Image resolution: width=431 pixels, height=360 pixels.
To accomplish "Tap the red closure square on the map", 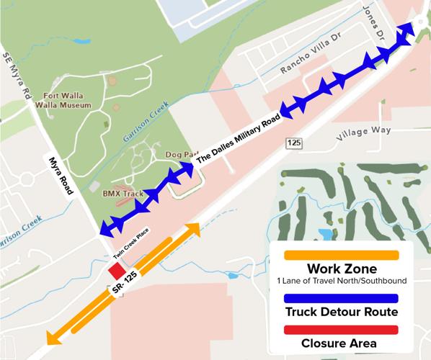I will pos(115,271).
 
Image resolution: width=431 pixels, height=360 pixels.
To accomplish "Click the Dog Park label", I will pos(181,155).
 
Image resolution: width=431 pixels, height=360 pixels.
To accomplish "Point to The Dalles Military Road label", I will pos(239,137).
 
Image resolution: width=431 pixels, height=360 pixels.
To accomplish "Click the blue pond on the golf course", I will pos(326,234).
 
